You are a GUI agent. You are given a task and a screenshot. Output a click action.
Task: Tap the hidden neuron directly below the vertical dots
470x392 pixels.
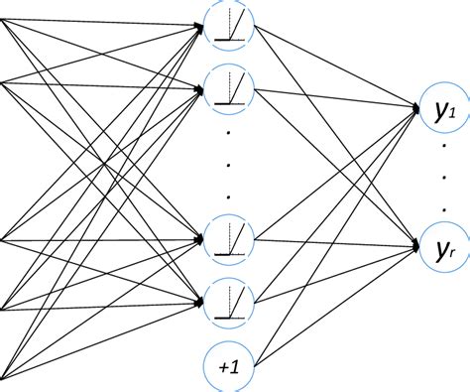[x=228, y=237]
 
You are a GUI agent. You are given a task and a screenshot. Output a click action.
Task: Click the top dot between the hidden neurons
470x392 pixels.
[x=228, y=131]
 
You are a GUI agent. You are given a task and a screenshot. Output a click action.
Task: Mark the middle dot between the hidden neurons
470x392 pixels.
[x=228, y=163]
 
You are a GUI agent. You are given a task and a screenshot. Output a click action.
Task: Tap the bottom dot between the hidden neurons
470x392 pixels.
[x=228, y=195]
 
